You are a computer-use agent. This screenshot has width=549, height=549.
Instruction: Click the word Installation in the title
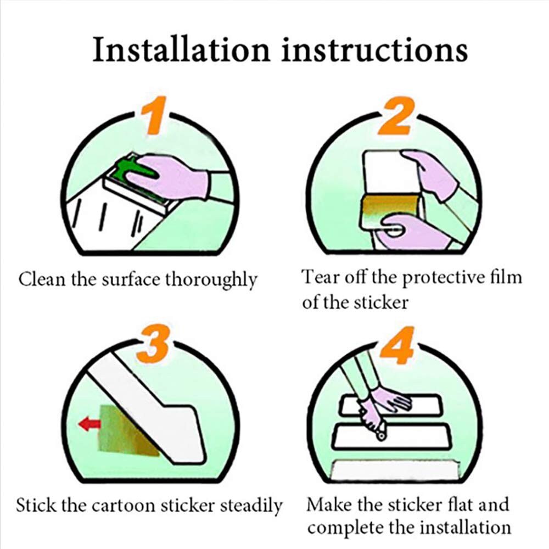point(182,50)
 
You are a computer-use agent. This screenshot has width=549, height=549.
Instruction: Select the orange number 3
point(156,344)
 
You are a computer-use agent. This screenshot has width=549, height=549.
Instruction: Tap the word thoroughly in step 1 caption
point(211,280)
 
